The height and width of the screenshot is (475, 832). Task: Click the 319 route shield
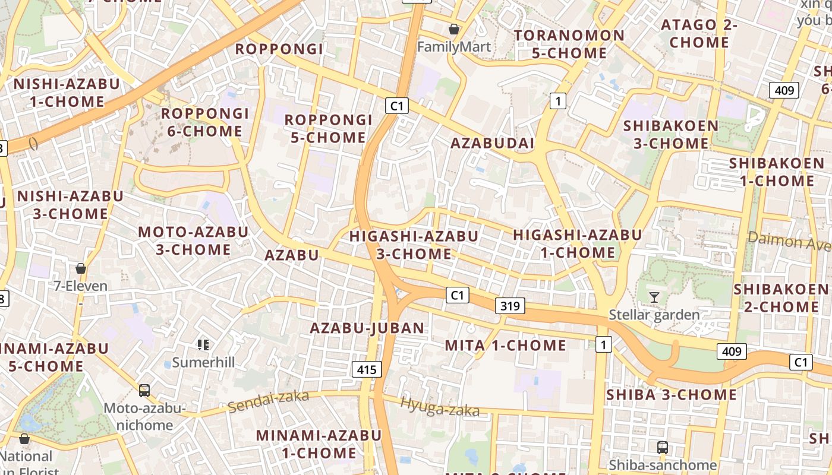tap(510, 306)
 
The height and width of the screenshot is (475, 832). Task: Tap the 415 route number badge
tap(367, 369)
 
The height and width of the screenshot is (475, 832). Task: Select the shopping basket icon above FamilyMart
tap(454, 28)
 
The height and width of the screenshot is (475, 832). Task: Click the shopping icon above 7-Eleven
tap(81, 268)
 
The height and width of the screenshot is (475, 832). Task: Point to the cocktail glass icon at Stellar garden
tap(654, 297)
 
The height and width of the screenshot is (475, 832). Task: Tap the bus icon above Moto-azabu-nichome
tap(144, 390)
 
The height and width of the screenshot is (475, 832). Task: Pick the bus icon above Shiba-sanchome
tap(663, 447)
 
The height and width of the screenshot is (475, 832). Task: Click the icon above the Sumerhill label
tap(203, 344)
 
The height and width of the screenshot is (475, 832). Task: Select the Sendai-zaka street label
tap(269, 401)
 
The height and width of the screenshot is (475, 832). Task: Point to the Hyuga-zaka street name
tap(440, 407)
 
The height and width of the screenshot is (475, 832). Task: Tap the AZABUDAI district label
tap(493, 143)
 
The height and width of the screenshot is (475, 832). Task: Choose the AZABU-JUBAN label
tap(367, 328)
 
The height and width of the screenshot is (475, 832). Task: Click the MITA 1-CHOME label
tap(506, 345)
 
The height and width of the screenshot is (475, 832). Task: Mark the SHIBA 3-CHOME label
tap(671, 395)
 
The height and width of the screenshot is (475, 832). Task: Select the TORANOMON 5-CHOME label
tap(569, 44)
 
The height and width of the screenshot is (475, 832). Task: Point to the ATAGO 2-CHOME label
tap(699, 34)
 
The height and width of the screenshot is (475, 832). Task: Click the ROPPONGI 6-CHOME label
tap(204, 122)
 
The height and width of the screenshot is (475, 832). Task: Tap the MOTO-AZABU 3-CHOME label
tap(193, 240)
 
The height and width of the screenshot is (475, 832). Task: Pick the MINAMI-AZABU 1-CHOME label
tap(319, 444)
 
